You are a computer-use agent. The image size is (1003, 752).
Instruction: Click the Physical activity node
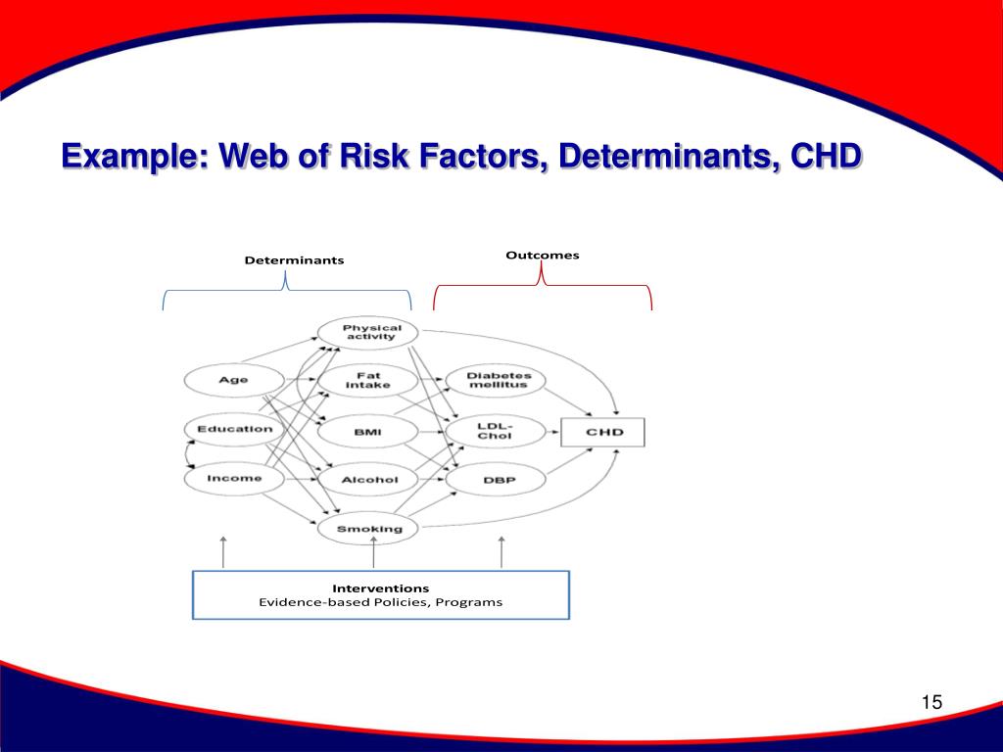371,333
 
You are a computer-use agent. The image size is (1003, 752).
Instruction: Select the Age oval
234,380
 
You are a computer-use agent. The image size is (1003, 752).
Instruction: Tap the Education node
235,429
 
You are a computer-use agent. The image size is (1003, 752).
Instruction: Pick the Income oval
235,478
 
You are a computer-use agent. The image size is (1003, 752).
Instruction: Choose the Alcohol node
369,480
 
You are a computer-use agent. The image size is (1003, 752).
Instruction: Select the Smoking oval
369,529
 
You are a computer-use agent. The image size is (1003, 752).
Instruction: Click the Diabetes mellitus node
498,380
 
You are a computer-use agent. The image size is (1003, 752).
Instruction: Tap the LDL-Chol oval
495,430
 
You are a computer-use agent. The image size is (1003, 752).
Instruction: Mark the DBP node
499,480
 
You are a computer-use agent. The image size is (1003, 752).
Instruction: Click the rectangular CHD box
603,432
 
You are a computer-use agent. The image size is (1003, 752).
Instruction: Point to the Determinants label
294,260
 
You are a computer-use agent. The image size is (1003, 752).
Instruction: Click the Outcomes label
543,256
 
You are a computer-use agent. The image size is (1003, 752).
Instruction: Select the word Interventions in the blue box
380,588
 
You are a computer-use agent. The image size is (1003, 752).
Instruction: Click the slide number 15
931,702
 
